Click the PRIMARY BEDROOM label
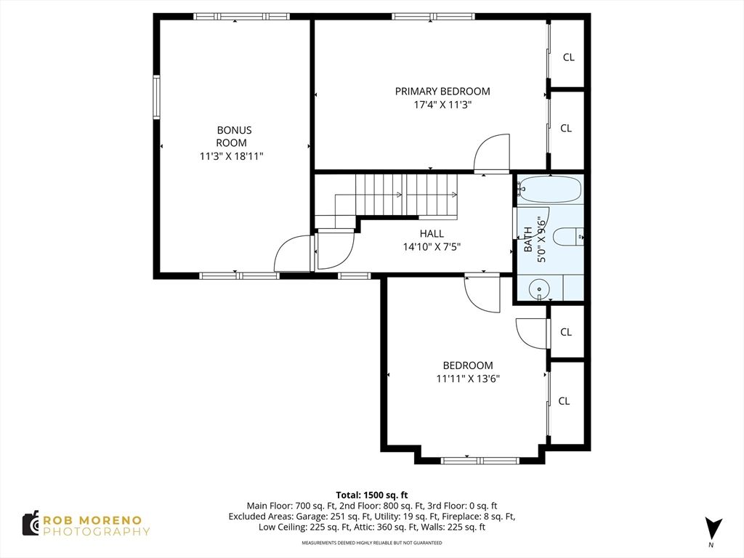click(442, 91)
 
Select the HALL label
click(432, 233)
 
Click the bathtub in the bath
click(549, 190)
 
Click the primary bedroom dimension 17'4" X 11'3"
click(442, 105)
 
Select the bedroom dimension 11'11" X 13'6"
click(468, 379)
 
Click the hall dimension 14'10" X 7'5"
click(432, 247)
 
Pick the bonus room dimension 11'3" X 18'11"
click(232, 156)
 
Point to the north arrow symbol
click(713, 528)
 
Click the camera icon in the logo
click(31, 524)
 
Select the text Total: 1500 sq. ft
click(372, 496)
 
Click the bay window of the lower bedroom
click(480, 460)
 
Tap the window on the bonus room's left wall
click(155, 97)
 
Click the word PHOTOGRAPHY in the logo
click(97, 532)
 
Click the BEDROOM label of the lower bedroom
click(468, 365)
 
